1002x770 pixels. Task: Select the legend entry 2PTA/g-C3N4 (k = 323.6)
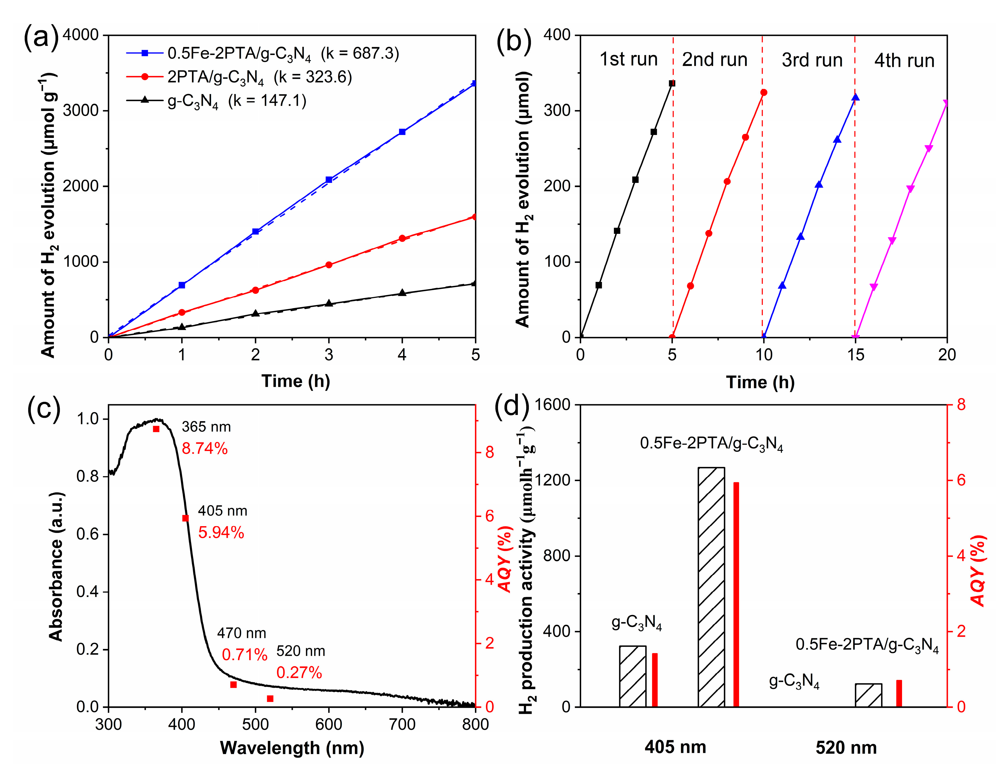click(260, 77)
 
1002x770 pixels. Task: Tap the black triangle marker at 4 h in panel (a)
click(402, 292)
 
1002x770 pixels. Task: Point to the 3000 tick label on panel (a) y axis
click(81, 110)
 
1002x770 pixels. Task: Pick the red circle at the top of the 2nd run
click(763, 93)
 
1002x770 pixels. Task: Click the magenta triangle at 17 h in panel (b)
click(892, 241)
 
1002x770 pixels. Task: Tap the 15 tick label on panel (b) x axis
click(855, 355)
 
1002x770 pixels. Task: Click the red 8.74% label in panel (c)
click(205, 449)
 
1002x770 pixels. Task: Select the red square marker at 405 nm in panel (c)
click(185, 518)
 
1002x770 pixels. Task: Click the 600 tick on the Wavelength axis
click(328, 724)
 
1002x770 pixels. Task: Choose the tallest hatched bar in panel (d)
click(711, 587)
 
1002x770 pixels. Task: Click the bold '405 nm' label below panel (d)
click(675, 747)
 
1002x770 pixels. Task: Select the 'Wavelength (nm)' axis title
click(292, 748)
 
